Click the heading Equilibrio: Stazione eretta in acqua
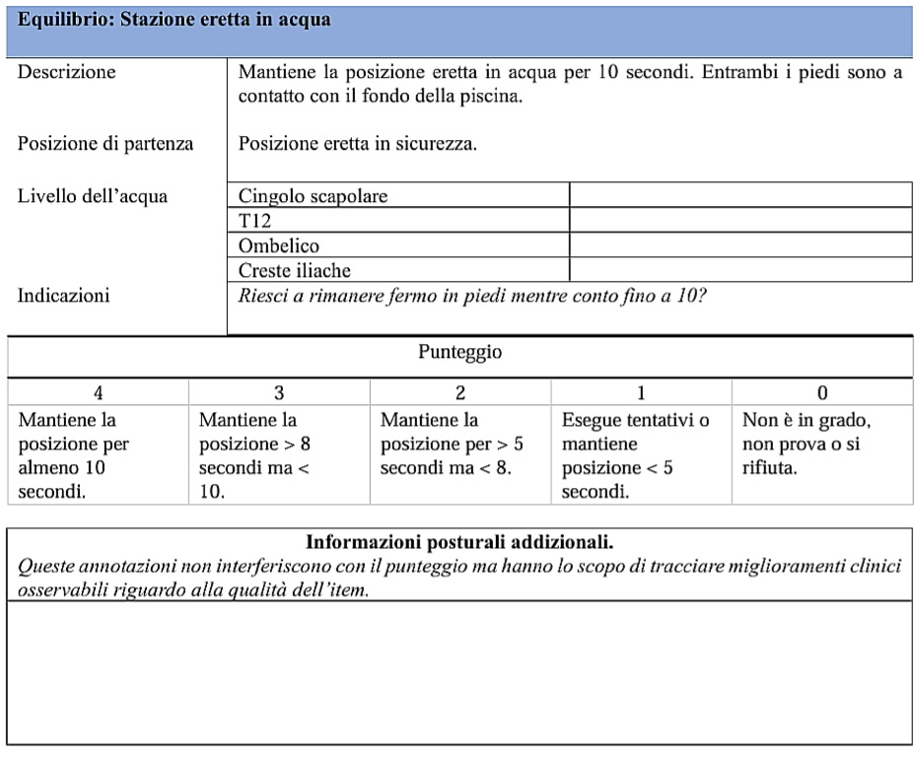pyautogui.click(x=176, y=20)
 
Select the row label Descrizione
pyautogui.click(x=66, y=72)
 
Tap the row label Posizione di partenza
pyautogui.click(x=106, y=144)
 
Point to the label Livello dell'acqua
pyautogui.click(x=93, y=196)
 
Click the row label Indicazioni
pyautogui.click(x=63, y=295)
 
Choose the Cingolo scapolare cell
pyautogui.click(x=313, y=196)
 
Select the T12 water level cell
pyautogui.click(x=254, y=221)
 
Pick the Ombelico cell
pyautogui.click(x=279, y=245)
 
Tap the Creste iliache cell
pyautogui.click(x=295, y=270)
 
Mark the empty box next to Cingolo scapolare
pyautogui.click(x=740, y=195)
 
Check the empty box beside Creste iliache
pyautogui.click(x=740, y=270)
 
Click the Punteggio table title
pyautogui.click(x=459, y=353)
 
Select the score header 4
pyautogui.click(x=98, y=392)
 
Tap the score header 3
pyautogui.click(x=279, y=392)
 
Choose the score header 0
pyautogui.click(x=822, y=392)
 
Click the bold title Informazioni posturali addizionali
pyautogui.click(x=459, y=542)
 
